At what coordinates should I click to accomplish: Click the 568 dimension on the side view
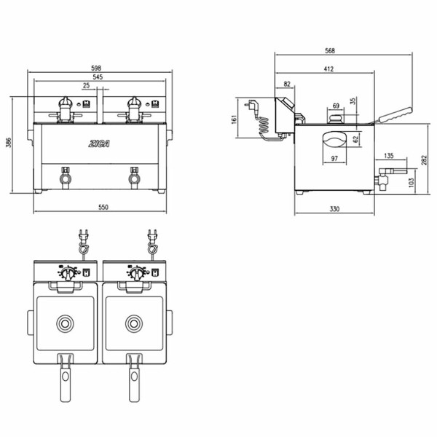(x=329, y=50)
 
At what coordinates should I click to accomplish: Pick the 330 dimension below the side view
(x=334, y=209)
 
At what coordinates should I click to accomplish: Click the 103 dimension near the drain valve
(x=412, y=181)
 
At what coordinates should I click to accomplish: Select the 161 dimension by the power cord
(x=235, y=119)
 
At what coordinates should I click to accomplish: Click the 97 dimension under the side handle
(x=334, y=159)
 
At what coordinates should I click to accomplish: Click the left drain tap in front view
(x=65, y=176)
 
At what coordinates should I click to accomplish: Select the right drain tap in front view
(x=134, y=176)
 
